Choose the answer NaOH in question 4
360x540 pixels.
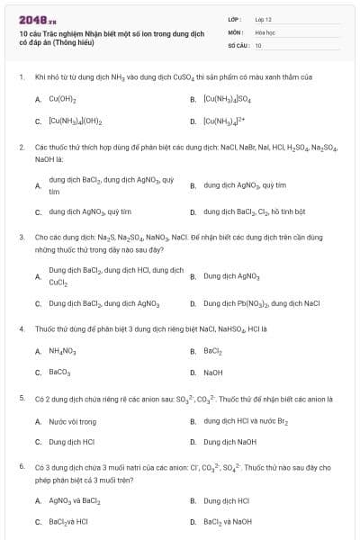point(213,372)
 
